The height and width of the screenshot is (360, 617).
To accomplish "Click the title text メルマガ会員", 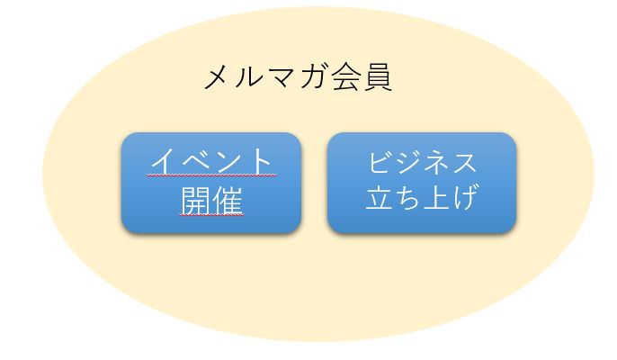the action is point(298,77).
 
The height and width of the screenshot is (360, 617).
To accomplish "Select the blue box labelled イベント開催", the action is point(211,184).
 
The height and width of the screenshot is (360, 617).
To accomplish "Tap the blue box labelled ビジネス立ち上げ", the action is point(422,184).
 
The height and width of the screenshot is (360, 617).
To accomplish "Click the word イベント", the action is point(211,161).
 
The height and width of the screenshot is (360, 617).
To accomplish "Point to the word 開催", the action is point(211,200).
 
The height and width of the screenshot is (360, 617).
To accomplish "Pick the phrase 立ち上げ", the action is point(422,196).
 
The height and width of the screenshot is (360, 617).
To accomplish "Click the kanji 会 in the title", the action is point(346,77).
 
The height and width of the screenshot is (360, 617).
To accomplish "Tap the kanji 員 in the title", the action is point(378,77).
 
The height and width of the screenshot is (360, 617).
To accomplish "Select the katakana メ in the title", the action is point(217,78).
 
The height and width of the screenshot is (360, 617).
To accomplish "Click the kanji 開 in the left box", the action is point(196,200).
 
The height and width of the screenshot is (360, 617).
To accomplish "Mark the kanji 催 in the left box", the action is point(228,200).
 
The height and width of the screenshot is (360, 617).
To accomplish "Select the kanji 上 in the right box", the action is point(436,197).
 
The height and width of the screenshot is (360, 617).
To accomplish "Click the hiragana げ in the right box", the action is point(466,196).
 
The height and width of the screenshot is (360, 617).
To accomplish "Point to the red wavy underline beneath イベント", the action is point(211,175).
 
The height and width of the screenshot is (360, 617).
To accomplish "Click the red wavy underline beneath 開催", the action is point(211,215).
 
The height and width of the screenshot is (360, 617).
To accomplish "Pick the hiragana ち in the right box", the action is point(407,197).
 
